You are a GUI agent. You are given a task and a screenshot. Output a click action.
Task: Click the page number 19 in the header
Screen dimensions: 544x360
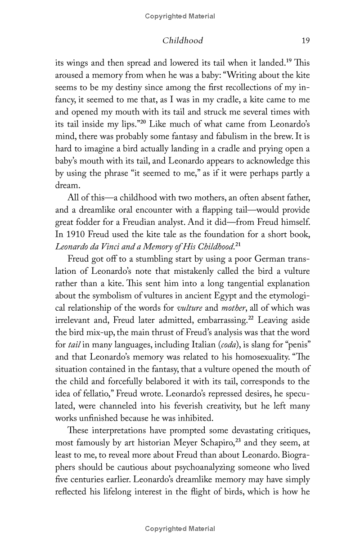(306, 41)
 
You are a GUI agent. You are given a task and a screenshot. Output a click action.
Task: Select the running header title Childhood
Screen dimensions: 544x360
(183, 41)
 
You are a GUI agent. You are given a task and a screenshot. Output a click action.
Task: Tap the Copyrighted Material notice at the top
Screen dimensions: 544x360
(180, 16)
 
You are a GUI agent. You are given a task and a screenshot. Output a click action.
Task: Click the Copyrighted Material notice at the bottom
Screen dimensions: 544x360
(180, 529)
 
